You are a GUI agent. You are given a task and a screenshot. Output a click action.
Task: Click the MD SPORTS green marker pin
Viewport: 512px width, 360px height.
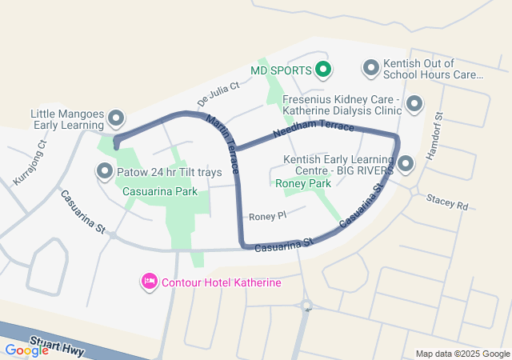point(322,70)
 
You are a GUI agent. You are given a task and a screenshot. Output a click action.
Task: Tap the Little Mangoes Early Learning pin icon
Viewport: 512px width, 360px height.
point(115,119)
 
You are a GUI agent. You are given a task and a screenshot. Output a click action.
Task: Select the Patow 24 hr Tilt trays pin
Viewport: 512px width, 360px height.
point(105,170)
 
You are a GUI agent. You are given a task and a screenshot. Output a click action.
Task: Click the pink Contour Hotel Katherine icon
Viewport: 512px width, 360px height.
point(149,282)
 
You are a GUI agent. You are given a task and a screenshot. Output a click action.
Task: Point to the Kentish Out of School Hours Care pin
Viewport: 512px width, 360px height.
point(370,69)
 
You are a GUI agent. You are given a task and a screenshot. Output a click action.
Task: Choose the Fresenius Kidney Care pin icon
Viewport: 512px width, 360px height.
point(414,104)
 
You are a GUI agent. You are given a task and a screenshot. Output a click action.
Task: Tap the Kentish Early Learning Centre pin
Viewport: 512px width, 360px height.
point(406,165)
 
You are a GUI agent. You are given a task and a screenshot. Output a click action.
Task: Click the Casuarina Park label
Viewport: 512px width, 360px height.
point(160,192)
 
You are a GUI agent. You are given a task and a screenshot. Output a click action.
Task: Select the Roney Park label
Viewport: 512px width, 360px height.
point(303,184)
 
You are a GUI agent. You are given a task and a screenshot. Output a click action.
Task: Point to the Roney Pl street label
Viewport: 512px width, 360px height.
point(267,217)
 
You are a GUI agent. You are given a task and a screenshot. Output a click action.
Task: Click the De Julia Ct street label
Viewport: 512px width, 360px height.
point(218,94)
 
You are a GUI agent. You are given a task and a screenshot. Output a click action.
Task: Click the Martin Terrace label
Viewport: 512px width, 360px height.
point(223,144)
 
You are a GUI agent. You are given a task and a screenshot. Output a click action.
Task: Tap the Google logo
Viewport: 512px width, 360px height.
point(26,350)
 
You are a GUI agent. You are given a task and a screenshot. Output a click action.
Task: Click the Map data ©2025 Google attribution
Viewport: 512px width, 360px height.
point(462,354)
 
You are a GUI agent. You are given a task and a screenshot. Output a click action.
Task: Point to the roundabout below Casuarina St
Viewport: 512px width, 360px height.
point(306,305)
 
